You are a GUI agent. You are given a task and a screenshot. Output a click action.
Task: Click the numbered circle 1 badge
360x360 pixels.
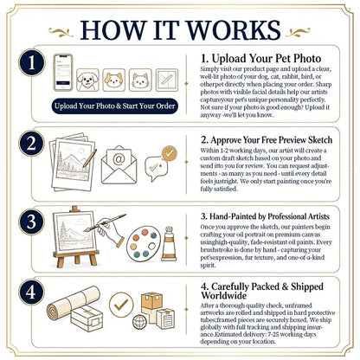tap(31, 62)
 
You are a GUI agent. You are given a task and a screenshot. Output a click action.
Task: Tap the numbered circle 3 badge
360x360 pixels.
tap(31, 222)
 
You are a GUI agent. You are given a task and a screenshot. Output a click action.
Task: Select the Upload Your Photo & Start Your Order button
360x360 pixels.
tap(114, 106)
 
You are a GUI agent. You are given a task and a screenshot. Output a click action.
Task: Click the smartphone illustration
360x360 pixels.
tap(63, 73)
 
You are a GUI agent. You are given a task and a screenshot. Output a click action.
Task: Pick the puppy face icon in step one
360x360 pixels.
tap(87, 80)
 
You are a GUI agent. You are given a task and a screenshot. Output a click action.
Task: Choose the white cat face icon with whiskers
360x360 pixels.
tap(140, 80)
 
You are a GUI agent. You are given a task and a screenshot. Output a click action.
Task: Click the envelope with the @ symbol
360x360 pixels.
tap(119, 164)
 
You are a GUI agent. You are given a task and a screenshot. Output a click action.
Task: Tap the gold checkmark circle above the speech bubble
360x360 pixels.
tap(170, 153)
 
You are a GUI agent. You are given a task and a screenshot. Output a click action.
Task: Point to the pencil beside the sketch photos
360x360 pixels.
tap(90, 158)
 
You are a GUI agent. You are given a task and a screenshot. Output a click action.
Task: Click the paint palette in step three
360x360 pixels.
tap(144, 241)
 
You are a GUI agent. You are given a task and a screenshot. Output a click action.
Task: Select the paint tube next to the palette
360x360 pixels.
tap(169, 243)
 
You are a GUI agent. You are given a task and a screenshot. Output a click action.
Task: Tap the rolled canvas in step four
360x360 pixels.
tap(74, 303)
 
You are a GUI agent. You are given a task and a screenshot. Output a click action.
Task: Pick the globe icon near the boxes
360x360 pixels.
tap(139, 322)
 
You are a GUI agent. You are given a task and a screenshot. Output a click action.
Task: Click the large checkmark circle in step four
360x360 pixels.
tap(121, 305)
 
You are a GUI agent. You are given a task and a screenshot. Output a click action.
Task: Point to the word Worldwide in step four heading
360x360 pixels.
tap(224, 296)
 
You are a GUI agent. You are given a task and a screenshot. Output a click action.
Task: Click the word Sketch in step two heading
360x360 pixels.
tap(320, 140)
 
